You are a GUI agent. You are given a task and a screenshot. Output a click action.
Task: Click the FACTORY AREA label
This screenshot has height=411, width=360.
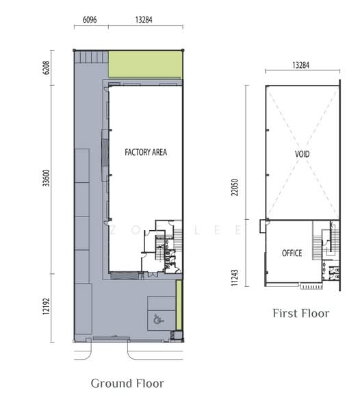pos(146,152)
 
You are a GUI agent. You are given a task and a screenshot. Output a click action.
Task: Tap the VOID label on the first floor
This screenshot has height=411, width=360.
pos(302,154)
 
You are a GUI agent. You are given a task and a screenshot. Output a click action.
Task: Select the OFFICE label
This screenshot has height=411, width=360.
pos(292,253)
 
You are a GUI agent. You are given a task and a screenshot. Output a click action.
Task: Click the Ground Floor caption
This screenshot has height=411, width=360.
pos(127,384)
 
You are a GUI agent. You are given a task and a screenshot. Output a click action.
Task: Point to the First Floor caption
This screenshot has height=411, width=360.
pos(301,314)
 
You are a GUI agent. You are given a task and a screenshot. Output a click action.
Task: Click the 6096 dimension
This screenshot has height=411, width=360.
pos(90,20)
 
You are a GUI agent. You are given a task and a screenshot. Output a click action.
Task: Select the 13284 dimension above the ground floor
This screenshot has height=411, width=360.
pos(144,20)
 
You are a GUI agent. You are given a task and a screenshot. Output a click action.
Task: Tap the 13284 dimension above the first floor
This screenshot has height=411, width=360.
pos(301,65)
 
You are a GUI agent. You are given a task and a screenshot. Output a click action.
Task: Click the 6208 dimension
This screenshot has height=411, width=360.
pos(46,68)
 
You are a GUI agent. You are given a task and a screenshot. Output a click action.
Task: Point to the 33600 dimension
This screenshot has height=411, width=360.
pos(46,178)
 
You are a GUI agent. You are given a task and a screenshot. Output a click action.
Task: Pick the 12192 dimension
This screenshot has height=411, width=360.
pos(46,306)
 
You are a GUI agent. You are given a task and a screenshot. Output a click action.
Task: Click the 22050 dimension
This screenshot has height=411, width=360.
pos(235,187)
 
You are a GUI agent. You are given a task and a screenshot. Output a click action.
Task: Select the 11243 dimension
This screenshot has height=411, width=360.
pos(235,277)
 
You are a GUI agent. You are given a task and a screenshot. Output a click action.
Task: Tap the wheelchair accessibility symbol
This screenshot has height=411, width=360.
pos(158,319)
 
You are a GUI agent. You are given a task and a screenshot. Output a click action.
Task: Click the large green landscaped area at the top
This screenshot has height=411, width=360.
pos(145,64)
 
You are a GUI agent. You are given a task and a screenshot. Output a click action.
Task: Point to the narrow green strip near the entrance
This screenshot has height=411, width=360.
pos(179,305)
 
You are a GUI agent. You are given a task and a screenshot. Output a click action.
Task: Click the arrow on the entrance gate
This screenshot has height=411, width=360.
pos(114,336)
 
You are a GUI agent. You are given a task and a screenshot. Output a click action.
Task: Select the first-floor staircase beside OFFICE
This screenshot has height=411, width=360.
pos(317,247)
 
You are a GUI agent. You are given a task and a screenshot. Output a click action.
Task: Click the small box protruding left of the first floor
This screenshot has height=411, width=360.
pos(263,226)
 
